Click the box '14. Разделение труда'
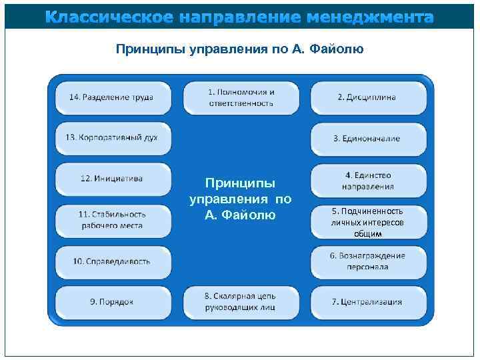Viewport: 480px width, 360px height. click(x=112, y=97)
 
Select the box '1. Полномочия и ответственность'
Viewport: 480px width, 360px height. click(x=241, y=97)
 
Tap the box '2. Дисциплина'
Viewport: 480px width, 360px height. click(x=368, y=97)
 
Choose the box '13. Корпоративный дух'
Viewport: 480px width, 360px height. click(x=112, y=138)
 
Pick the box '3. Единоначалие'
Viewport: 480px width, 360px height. click(x=368, y=139)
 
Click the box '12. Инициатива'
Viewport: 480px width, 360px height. click(x=112, y=179)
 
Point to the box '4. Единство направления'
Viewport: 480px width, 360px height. click(x=368, y=181)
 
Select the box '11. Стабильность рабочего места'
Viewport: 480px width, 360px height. click(x=112, y=220)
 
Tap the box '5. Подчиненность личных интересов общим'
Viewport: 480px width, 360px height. click(x=368, y=222)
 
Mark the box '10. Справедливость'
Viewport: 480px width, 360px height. click(x=112, y=261)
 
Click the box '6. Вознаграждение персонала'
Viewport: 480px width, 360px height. click(x=368, y=261)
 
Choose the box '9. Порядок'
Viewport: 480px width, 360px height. click(x=112, y=301)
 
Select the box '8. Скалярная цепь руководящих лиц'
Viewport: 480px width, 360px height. click(x=241, y=301)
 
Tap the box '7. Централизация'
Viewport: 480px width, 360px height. click(x=368, y=301)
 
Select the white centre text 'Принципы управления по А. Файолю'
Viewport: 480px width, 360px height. click(x=241, y=199)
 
